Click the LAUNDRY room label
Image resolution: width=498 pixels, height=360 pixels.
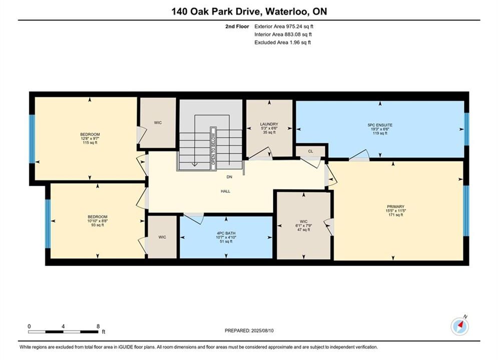point(269,124)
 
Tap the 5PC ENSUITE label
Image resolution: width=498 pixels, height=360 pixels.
point(380,125)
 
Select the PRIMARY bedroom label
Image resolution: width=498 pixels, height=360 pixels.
point(395,206)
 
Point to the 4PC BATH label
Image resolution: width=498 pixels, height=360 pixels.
point(226,233)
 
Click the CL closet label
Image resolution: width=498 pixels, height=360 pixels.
point(311,151)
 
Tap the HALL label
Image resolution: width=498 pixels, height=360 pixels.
point(226,191)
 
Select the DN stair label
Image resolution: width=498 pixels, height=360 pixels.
point(229,177)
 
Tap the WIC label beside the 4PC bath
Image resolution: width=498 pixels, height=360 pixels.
point(162,237)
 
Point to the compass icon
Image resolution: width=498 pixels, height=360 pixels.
point(459,326)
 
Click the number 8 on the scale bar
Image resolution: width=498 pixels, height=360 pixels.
point(98,326)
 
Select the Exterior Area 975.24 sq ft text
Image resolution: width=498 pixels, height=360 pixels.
point(284,26)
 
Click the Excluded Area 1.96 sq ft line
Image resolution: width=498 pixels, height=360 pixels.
point(282,42)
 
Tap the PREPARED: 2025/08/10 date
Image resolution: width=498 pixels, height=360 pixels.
point(249,330)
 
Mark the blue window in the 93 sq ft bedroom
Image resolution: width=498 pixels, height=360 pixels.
point(48,223)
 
